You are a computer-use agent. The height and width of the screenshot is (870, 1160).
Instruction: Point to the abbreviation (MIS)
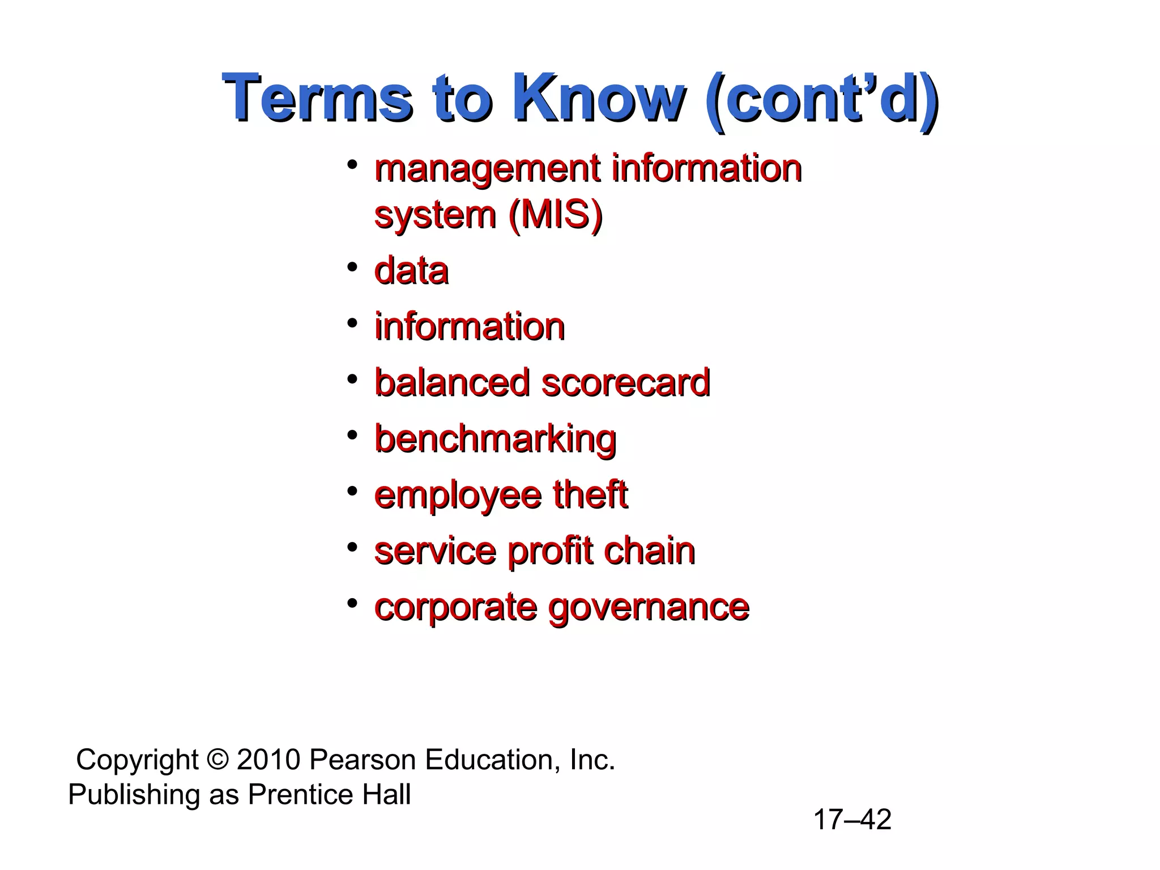(x=555, y=215)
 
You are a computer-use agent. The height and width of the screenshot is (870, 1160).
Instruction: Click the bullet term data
(x=412, y=271)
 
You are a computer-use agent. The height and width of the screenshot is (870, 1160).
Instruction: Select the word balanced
(x=451, y=382)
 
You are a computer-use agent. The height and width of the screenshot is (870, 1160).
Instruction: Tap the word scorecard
(x=626, y=382)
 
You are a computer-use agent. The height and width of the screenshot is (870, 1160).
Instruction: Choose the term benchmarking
(x=496, y=440)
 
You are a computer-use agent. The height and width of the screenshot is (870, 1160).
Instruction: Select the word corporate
(x=455, y=608)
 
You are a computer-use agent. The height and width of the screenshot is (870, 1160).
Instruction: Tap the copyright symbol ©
(x=217, y=760)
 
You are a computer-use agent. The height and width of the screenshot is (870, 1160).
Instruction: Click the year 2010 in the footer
(x=268, y=760)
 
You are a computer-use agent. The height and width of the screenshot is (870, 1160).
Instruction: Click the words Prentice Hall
(x=329, y=794)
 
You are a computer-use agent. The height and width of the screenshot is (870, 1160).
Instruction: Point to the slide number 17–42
(x=852, y=820)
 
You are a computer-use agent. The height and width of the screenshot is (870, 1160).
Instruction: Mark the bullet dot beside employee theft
(x=352, y=490)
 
